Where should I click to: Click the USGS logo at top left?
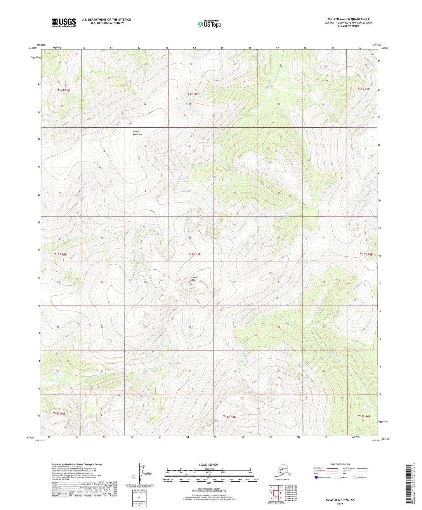(x=64, y=22)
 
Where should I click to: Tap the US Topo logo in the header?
(x=209, y=24)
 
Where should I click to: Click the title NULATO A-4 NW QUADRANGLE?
(x=348, y=19)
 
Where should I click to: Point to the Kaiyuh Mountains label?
(x=138, y=133)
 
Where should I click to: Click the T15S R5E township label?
(x=194, y=254)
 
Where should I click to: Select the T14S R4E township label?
(x=64, y=91)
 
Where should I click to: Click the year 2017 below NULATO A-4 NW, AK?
(x=340, y=504)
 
